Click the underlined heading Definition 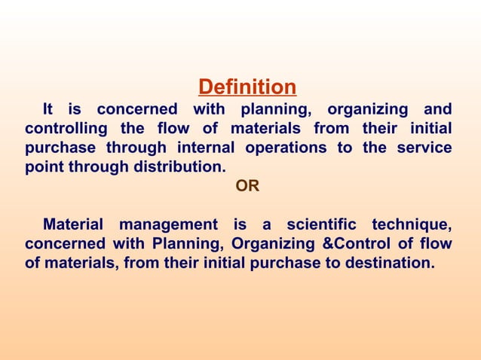point(247,87)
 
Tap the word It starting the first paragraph point(51,109)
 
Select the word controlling point(65,129)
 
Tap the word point point(43,166)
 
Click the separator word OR point(247,186)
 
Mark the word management point(170,224)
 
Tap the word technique point(412,224)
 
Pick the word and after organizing point(437,109)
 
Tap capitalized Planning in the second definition point(185,243)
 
